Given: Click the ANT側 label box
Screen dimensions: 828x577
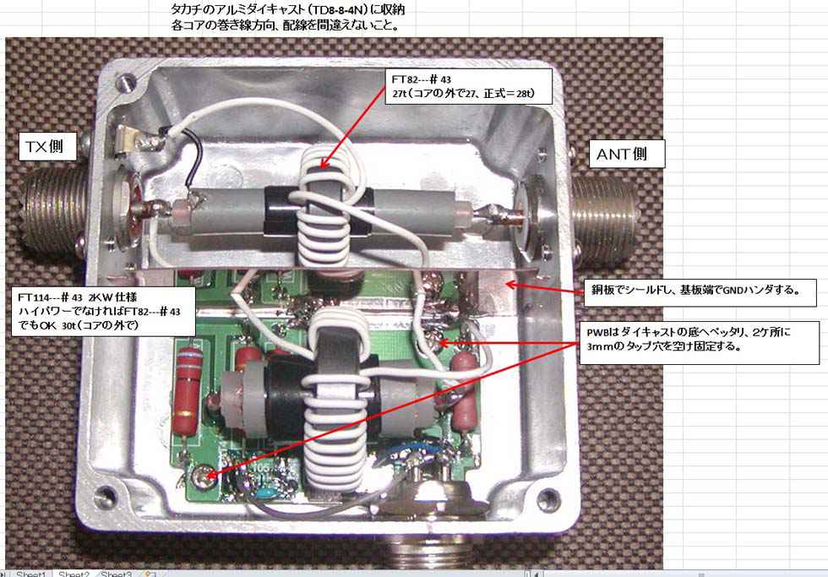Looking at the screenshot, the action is click(x=626, y=154).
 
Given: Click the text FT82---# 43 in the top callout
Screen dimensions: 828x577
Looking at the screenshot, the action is click(x=421, y=79).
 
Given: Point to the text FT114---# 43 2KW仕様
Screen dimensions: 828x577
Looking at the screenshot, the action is click(x=77, y=297).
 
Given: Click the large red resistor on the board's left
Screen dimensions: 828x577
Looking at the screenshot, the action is click(x=187, y=391).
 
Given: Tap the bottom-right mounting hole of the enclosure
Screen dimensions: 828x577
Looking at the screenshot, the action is click(x=547, y=497).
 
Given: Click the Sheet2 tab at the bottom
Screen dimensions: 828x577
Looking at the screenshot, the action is click(x=74, y=574).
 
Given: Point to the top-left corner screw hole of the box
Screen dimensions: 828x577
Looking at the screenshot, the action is click(x=126, y=82).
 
